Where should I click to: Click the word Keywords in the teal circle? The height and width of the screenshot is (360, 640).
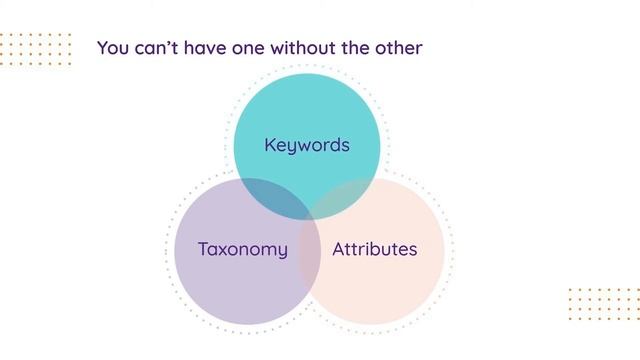307,145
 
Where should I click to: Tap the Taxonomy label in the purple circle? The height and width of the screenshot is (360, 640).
243,249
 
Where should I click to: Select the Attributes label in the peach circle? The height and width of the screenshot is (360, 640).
374,249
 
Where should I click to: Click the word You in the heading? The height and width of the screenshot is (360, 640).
113,47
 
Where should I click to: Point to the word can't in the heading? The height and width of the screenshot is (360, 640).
158,47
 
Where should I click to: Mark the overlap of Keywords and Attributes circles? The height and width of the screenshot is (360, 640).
344,199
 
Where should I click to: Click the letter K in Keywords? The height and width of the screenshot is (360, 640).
270,145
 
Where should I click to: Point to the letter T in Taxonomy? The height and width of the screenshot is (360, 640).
203,249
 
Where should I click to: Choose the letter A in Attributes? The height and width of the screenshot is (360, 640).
338,249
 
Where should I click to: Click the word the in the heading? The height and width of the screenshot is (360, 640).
363,47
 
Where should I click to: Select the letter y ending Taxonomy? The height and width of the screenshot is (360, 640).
283,251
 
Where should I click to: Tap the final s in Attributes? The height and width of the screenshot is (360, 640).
412,250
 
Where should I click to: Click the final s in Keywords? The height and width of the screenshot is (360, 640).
345,146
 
